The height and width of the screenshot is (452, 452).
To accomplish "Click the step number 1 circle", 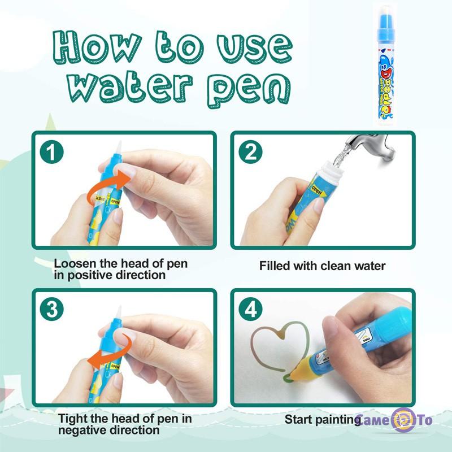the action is pos(51,152).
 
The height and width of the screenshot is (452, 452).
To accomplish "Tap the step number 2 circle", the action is pos(250,152).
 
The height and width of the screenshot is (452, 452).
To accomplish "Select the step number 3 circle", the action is pos(51,310).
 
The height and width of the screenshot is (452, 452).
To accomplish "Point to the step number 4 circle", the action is pos(250,310).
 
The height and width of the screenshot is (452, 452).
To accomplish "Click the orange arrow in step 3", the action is pos(111,354).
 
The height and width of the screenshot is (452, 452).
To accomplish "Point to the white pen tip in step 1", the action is pos(119,149).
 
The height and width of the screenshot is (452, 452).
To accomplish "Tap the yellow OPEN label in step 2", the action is pos(319,190).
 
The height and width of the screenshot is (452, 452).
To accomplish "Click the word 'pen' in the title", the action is pos(249,89).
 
